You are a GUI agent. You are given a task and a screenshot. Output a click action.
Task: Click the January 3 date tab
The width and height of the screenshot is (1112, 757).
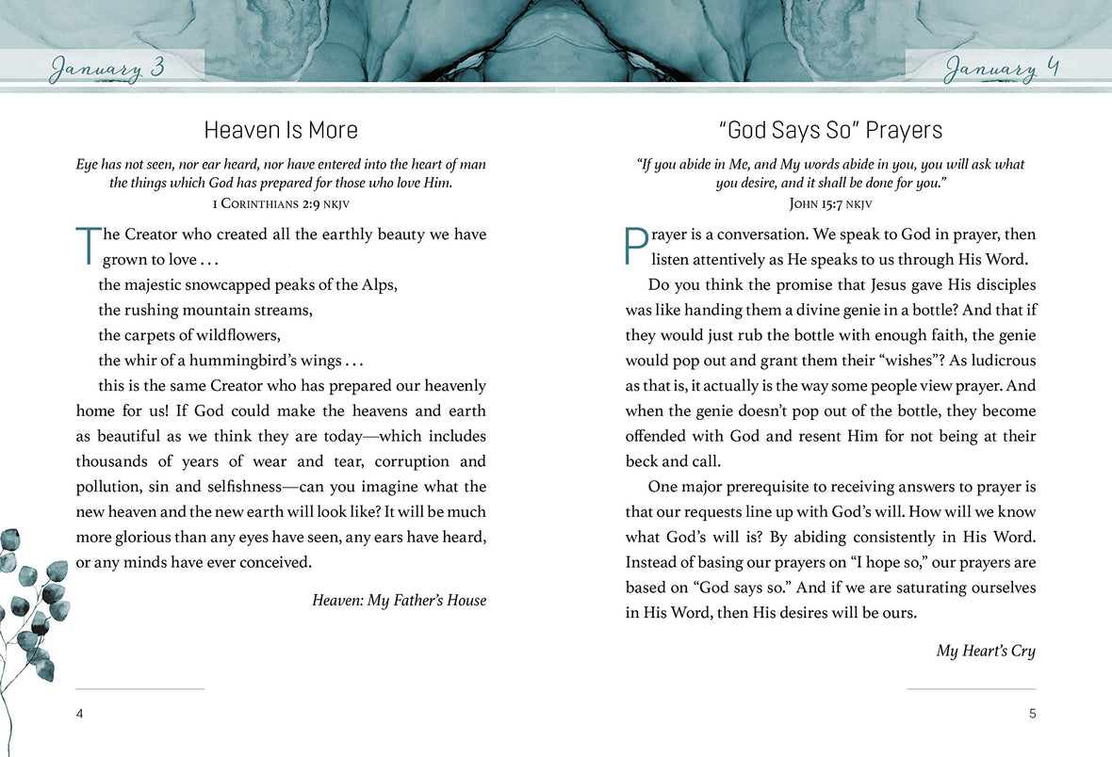pyautogui.click(x=107, y=69)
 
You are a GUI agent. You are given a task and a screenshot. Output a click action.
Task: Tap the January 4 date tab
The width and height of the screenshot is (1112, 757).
pyautogui.click(x=1002, y=69)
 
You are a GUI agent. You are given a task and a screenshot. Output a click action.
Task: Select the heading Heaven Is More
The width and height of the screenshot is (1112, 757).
pyautogui.click(x=281, y=130)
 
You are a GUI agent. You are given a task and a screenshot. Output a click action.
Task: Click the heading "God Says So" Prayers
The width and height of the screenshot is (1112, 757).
pyautogui.click(x=830, y=130)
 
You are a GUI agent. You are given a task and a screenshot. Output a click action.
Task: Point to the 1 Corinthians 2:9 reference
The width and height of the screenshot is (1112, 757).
pyautogui.click(x=281, y=201)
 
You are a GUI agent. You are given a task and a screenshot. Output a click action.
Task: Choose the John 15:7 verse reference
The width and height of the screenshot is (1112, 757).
pyautogui.click(x=830, y=201)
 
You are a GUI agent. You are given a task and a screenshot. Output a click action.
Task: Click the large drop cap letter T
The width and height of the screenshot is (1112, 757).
pyautogui.click(x=86, y=246)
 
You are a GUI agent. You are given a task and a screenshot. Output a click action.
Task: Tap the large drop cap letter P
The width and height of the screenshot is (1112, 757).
pyautogui.click(x=636, y=246)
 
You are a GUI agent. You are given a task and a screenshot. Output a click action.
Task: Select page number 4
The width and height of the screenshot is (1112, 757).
pyautogui.click(x=80, y=714)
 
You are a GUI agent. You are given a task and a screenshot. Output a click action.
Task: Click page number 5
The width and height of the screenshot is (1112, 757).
pyautogui.click(x=1032, y=714)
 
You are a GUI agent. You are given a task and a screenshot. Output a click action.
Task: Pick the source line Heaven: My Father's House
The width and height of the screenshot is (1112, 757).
pyautogui.click(x=399, y=600)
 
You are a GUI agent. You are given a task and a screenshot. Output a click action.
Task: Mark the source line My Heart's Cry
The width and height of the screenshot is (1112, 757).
pyautogui.click(x=986, y=651)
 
